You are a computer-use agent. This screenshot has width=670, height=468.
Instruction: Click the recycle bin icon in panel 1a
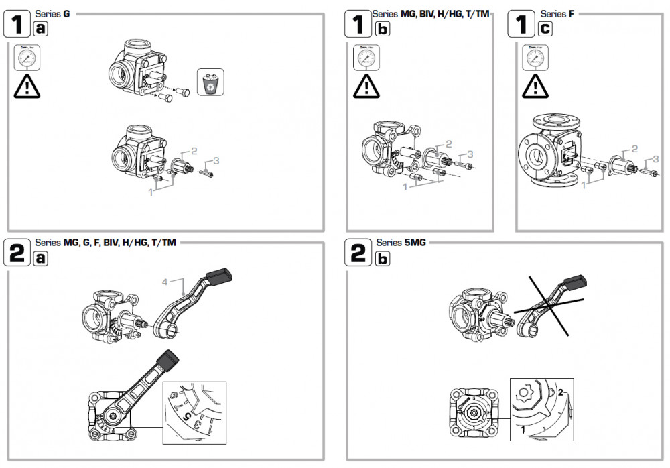210,82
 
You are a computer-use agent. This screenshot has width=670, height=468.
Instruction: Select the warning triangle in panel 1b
366,86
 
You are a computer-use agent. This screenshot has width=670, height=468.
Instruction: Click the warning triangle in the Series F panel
534,86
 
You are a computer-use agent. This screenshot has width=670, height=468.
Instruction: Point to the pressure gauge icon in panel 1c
534,58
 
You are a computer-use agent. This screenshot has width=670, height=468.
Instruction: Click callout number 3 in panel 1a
216,161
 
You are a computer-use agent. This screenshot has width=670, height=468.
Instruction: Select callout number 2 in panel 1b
449,143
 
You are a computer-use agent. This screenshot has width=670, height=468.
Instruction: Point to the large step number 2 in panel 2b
358,253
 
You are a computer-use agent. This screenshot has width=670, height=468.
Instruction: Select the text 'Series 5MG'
401,243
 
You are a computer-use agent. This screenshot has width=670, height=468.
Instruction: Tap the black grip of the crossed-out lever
575,280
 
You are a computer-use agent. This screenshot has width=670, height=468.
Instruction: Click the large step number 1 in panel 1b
358,25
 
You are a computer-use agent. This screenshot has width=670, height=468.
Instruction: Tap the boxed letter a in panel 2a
40,258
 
